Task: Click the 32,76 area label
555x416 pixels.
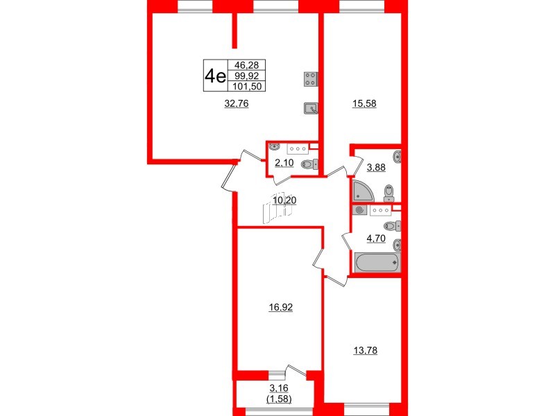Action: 237,103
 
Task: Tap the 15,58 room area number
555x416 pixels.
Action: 364,103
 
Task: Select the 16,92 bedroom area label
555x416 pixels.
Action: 281,307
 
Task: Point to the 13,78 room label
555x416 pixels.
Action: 366,350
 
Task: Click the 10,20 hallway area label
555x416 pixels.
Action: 284,200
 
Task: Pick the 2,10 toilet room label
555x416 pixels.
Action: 284,163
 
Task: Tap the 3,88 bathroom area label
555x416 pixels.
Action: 376,167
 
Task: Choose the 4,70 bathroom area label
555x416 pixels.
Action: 376,239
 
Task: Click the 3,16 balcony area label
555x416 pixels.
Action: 279,388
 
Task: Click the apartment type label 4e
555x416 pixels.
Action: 216,76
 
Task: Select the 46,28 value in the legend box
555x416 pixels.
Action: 247,65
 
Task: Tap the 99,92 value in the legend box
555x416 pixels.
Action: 247,76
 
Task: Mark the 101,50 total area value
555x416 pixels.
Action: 247,86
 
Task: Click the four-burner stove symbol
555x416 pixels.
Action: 311,79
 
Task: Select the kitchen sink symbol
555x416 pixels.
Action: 311,108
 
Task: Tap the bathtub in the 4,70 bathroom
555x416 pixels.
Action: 377,263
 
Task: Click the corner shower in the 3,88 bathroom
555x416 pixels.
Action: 361,191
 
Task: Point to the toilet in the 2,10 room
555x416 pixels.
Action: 309,164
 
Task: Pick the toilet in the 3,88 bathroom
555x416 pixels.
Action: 389,193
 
